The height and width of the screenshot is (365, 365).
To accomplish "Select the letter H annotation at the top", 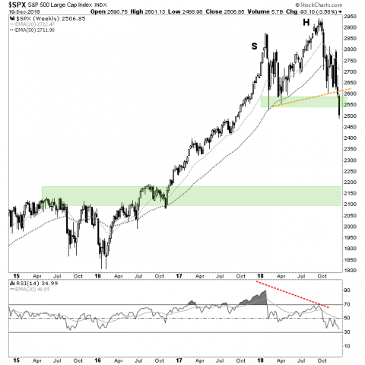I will [306, 23].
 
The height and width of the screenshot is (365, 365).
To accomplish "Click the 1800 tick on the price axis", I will [349, 270].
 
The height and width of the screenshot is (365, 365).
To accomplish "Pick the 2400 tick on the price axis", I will [349, 137].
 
